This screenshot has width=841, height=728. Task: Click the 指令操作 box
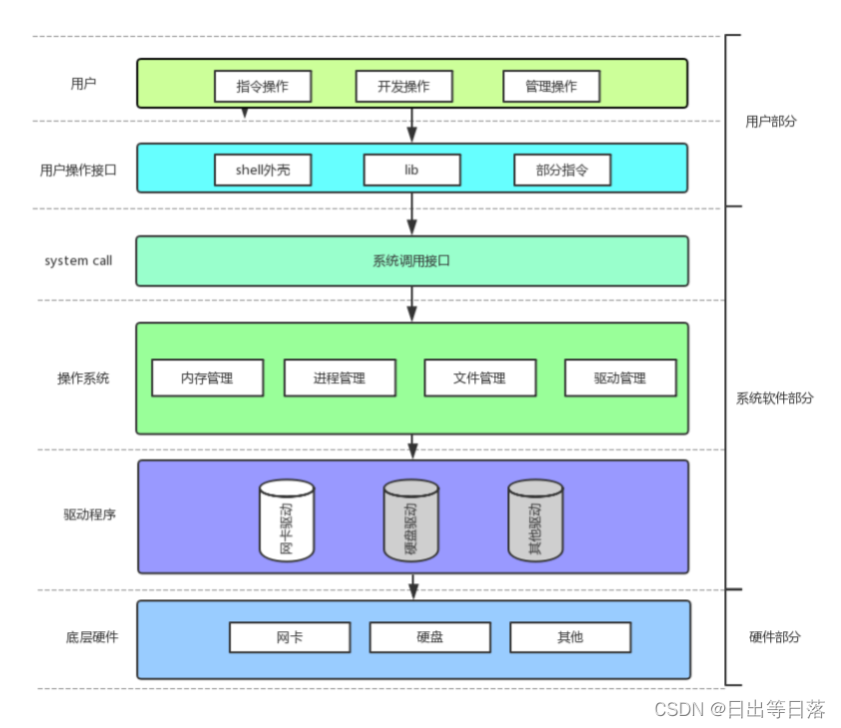click(x=263, y=86)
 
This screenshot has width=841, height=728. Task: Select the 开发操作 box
click(x=404, y=86)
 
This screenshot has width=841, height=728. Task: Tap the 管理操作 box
click(x=551, y=86)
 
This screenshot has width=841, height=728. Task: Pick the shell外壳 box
click(x=263, y=170)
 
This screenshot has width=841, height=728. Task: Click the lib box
click(x=412, y=170)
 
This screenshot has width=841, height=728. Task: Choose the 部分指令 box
click(x=562, y=170)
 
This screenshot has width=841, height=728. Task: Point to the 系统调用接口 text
click(x=412, y=261)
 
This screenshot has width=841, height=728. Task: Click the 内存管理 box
click(x=208, y=377)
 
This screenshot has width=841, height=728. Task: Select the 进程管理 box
click(x=340, y=377)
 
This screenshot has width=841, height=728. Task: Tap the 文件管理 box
click(x=480, y=377)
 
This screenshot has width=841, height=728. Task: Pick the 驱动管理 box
click(x=620, y=377)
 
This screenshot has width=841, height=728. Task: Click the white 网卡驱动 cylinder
click(x=287, y=520)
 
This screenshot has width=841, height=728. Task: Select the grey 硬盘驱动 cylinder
click(x=412, y=520)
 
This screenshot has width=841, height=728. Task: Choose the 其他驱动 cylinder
click(x=535, y=520)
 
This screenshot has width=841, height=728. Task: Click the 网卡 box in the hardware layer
click(x=290, y=637)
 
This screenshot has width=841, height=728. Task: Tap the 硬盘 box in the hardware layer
click(x=430, y=637)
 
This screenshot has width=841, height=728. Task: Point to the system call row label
click(x=78, y=261)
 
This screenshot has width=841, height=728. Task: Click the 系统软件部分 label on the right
click(x=774, y=398)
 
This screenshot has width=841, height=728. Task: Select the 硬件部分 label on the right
click(x=774, y=637)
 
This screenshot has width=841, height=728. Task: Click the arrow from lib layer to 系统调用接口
click(x=412, y=214)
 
